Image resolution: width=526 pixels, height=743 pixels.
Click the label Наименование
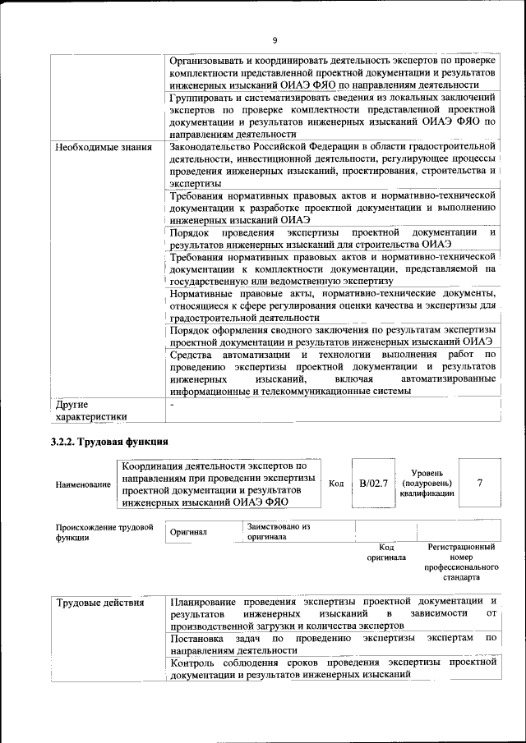pos(82,484)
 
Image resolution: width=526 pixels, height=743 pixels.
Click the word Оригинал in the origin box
pos(188,532)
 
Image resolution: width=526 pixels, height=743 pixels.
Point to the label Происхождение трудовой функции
pos(104,533)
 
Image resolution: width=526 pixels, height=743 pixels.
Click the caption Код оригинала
pos(386,552)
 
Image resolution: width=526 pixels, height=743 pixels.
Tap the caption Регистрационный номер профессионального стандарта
pos(462,562)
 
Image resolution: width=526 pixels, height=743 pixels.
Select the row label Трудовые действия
pos(100,603)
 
